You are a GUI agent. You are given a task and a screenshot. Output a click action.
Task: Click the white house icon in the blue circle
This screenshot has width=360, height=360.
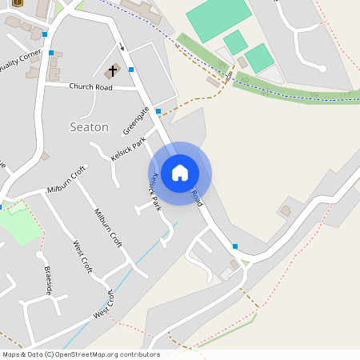pyautogui.click(x=180, y=173)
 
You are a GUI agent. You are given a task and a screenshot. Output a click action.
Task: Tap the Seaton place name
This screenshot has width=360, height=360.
pyautogui.click(x=90, y=126)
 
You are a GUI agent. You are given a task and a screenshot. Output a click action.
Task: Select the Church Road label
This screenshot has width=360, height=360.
pyautogui.click(x=90, y=86)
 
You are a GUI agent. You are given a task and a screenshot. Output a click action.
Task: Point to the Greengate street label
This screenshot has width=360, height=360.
pyautogui.click(x=136, y=120)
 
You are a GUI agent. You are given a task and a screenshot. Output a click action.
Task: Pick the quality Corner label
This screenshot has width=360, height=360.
pyautogui.click(x=20, y=60)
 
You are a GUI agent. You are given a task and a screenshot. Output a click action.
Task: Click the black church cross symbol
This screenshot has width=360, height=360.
pyautogui.click(x=113, y=70)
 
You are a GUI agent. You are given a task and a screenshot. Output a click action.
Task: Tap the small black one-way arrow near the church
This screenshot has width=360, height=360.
pyautogui.click(x=120, y=46)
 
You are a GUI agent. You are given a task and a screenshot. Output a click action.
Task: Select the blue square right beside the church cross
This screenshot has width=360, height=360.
pyautogui.click(x=131, y=70)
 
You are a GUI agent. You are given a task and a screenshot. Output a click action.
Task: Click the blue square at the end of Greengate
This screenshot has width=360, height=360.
pyautogui.click(x=158, y=110)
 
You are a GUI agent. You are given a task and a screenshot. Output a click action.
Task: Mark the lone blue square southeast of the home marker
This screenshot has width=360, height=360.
pyautogui.click(x=234, y=246)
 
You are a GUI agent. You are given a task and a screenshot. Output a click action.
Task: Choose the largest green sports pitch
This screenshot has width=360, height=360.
pyautogui.click(x=219, y=19)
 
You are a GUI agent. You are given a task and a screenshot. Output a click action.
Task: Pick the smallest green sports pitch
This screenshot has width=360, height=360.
pyautogui.click(x=235, y=42)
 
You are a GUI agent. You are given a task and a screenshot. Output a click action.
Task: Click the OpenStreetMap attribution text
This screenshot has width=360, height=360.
pyautogui.click(x=81, y=354)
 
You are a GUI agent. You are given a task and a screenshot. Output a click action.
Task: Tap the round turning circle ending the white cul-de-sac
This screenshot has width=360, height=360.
pyautogui.click(x=322, y=68)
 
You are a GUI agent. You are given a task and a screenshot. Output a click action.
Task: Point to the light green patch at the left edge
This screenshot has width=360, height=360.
pyautogui.click(x=18, y=224)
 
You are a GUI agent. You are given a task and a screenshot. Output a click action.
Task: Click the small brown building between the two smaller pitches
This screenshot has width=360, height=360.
pyautogui.click(x=242, y=62)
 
